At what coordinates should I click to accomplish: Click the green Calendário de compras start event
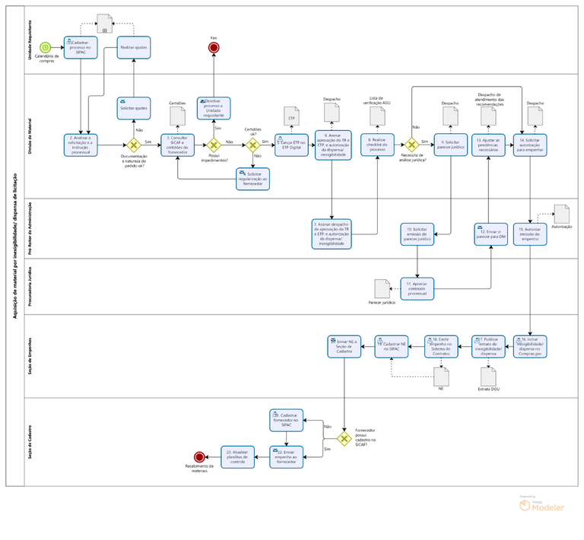pyautogui.click(x=46, y=48)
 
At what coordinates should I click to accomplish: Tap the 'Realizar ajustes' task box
pyautogui.click(x=134, y=48)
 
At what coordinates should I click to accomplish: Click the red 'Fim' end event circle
pyautogui.click(x=214, y=48)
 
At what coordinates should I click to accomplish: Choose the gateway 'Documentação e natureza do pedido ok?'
pyautogui.click(x=134, y=145)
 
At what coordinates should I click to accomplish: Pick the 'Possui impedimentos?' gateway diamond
pyautogui.click(x=214, y=145)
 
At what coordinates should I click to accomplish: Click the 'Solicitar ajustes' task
pyautogui.click(x=134, y=108)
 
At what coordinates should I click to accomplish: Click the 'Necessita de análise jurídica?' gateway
pyautogui.click(x=411, y=145)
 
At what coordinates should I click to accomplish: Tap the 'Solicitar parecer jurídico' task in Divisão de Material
pyautogui.click(x=450, y=145)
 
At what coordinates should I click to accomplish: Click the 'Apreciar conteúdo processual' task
pyautogui.click(x=417, y=288)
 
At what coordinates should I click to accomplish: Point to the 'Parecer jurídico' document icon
pyautogui.click(x=382, y=288)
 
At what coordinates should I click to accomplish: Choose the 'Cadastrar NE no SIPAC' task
pyautogui.click(x=393, y=346)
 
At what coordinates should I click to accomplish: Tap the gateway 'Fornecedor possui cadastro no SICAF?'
pyautogui.click(x=344, y=439)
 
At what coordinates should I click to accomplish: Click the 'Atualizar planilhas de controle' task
pyautogui.click(x=239, y=457)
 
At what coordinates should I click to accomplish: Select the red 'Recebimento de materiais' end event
pyautogui.click(x=199, y=457)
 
